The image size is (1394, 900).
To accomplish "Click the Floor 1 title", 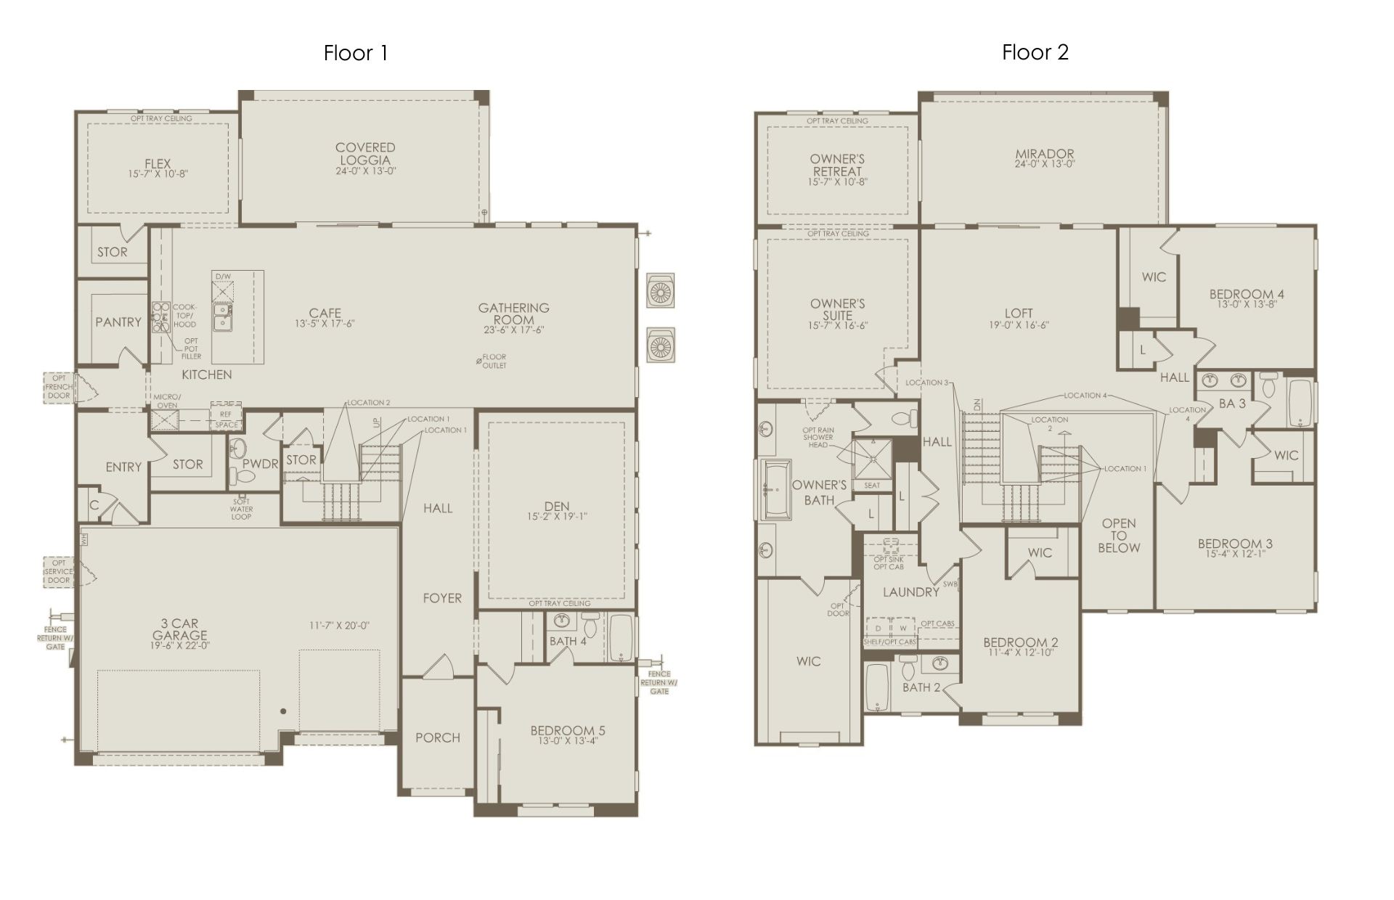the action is tap(356, 53).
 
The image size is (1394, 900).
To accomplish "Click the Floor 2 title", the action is tap(1035, 52).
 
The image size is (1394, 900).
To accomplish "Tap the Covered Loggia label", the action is tap(365, 154).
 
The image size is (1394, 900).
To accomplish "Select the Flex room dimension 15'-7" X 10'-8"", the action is tap(158, 174).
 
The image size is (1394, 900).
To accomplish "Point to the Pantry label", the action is tap(118, 322).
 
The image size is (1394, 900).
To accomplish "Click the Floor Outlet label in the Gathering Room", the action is tap(494, 361).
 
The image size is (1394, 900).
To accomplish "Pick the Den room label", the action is tap(557, 506).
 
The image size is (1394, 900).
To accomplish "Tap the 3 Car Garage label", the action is tap(180, 629).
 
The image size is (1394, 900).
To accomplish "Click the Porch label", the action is tap(438, 737).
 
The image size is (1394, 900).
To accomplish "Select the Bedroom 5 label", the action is tap(568, 730).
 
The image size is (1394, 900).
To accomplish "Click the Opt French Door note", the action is tap(59, 387).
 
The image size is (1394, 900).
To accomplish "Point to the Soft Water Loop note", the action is tap(242, 509).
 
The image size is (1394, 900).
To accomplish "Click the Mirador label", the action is tap(1045, 154).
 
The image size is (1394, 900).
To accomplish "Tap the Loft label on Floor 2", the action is tap(1019, 314).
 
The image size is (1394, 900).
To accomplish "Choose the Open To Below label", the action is tap(1119, 536).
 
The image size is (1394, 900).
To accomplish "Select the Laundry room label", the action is tap(911, 592).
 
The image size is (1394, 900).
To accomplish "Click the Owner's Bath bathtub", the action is tap(775, 490).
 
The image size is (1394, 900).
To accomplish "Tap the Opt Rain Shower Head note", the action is tap(818, 438).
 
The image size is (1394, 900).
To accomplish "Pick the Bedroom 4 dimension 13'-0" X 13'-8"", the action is tap(1247, 305).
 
